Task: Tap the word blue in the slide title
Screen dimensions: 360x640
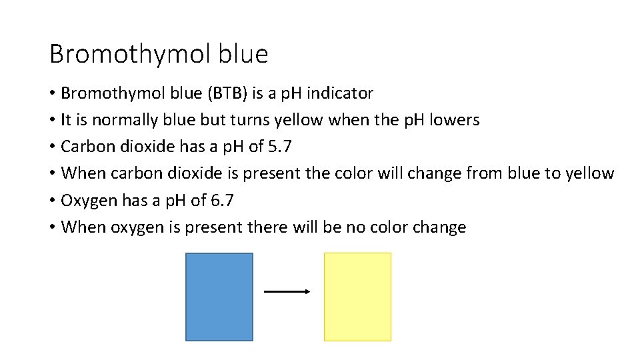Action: click(243, 53)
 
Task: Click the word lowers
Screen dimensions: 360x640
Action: click(454, 120)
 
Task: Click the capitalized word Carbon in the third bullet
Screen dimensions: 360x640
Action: click(84, 147)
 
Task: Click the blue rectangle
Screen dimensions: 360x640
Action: click(219, 297)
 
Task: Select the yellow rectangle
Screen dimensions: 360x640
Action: click(357, 297)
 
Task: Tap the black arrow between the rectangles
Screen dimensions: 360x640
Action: click(287, 291)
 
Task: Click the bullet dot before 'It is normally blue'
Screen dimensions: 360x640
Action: click(53, 121)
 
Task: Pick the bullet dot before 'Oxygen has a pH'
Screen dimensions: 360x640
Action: click(53, 201)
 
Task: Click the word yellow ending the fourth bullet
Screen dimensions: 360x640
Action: click(589, 173)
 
